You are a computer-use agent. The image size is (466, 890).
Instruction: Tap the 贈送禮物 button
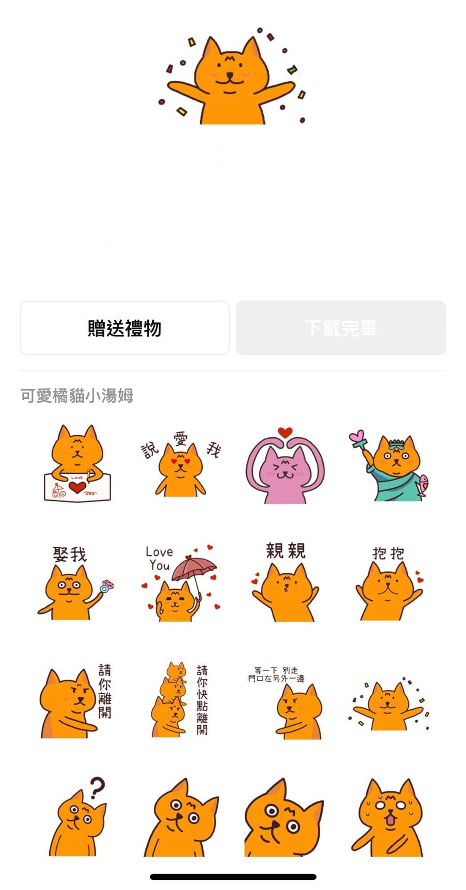coord(125,328)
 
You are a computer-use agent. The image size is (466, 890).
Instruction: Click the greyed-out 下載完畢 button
coord(341,328)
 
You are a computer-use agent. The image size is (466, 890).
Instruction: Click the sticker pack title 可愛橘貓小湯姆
coord(77,396)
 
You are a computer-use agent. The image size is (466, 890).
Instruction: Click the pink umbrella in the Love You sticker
coord(194,570)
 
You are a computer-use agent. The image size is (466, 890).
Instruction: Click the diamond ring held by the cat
coord(107,585)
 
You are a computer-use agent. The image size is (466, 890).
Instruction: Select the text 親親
coord(285,550)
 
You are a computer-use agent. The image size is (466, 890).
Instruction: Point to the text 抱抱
coord(388,553)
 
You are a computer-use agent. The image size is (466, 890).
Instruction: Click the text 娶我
coord(70,554)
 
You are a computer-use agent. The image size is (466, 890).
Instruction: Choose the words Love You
coord(159,558)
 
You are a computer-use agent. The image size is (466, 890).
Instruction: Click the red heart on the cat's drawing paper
coord(77,487)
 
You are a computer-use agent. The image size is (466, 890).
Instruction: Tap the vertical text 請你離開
coord(105,691)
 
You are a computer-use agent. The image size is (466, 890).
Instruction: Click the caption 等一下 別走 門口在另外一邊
coord(276,674)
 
